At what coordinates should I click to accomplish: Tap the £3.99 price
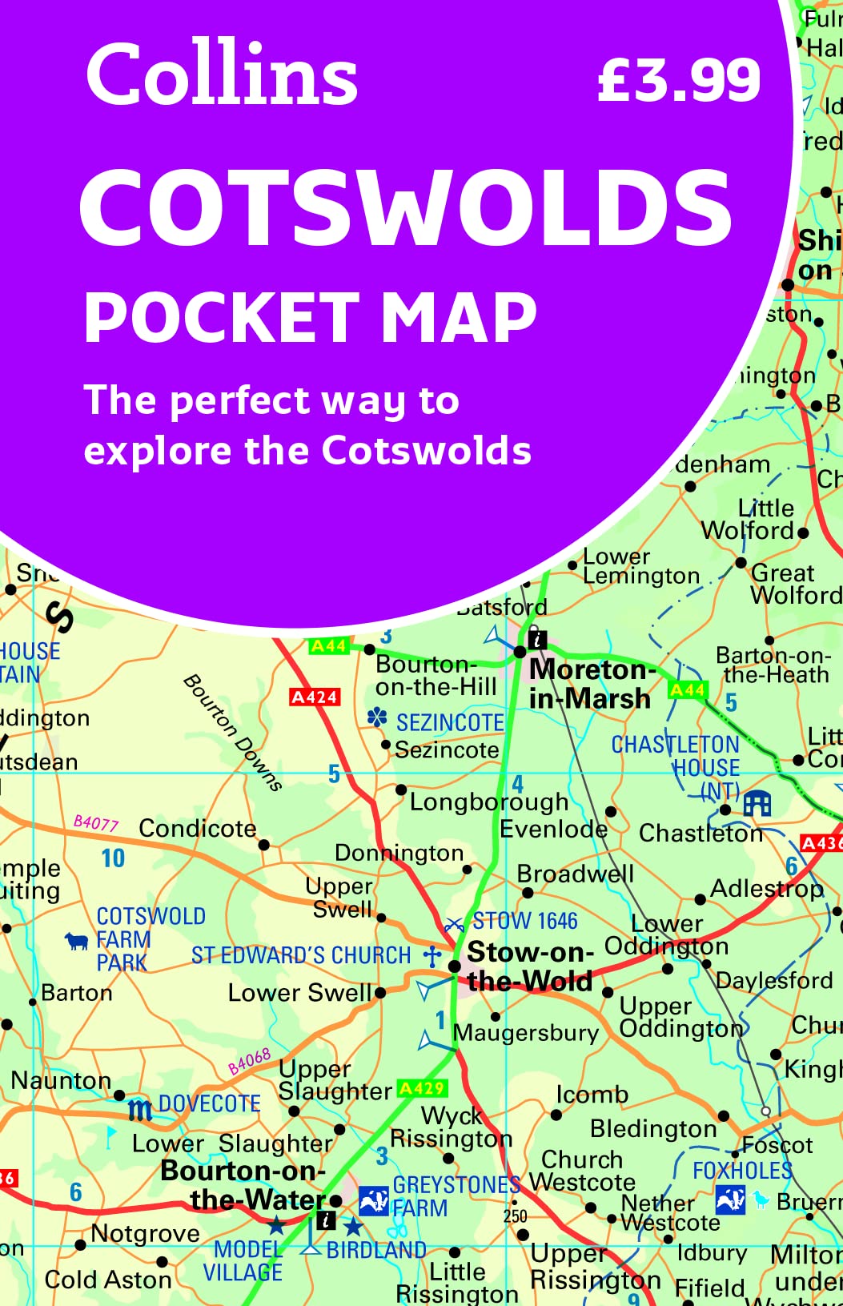point(678,80)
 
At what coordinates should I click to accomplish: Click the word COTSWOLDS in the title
point(406,207)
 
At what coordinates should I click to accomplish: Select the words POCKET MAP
point(311,317)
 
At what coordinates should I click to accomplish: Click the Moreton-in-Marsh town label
point(591,683)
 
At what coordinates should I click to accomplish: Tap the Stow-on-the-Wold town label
point(530,966)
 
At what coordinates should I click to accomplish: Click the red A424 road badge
point(315,697)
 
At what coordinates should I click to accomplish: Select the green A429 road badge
point(422,1087)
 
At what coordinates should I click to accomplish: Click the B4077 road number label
point(95,822)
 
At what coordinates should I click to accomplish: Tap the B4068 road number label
point(249,1062)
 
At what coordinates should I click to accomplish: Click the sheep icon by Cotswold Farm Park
point(77,940)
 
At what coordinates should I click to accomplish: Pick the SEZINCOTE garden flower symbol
point(377,717)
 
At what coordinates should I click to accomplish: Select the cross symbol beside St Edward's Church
point(432,955)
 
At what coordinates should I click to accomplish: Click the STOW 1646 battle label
point(524,921)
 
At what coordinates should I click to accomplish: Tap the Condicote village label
point(198,829)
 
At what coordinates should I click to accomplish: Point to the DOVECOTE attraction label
point(209,1104)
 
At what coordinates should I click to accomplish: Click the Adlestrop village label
point(766,889)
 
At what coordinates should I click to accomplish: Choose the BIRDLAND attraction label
point(376,1249)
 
